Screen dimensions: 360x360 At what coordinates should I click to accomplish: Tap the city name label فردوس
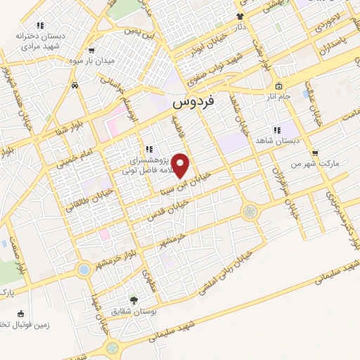pyautogui.click(x=194, y=102)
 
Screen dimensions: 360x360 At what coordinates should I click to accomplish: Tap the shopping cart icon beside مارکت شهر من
pyautogui.click(x=314, y=153)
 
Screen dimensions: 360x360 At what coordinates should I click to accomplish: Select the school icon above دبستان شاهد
pyautogui.click(x=277, y=130)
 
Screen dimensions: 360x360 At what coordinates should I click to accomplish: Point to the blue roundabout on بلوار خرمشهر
pyautogui.click(x=84, y=269)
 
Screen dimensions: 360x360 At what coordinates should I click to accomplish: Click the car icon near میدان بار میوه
pyautogui.click(x=75, y=85)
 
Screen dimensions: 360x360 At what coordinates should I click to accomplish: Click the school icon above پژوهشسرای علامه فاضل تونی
pyautogui.click(x=149, y=149)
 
